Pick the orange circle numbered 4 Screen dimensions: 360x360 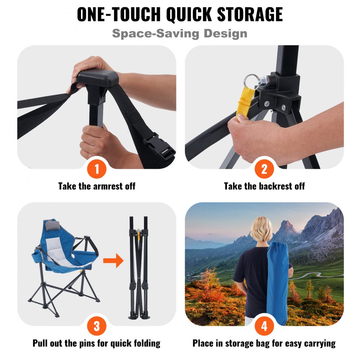[x=264, y=326]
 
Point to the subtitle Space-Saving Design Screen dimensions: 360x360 [x=180, y=33]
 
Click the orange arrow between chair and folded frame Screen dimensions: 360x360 [x=113, y=260]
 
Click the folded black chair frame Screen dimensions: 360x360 [x=139, y=266]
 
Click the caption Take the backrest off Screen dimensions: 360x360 [x=264, y=186]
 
